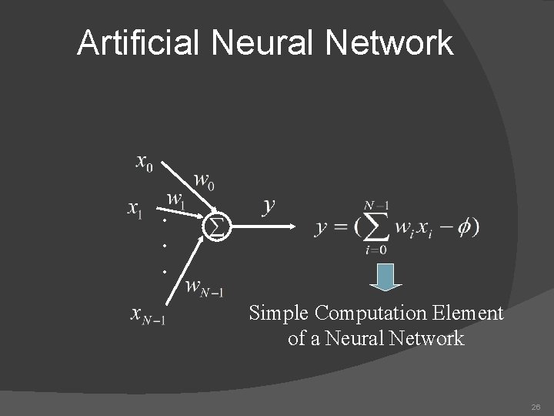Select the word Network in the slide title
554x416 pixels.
pyautogui.click(x=389, y=43)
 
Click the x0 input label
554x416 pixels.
pyautogui.click(x=145, y=163)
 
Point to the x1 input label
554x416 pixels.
pyautogui.click(x=134, y=209)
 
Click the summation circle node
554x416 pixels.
pyautogui.click(x=216, y=226)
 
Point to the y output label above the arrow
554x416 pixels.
pyautogui.click(x=269, y=205)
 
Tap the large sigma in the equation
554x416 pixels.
pyautogui.click(x=375, y=226)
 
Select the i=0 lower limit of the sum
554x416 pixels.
pyautogui.click(x=375, y=249)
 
